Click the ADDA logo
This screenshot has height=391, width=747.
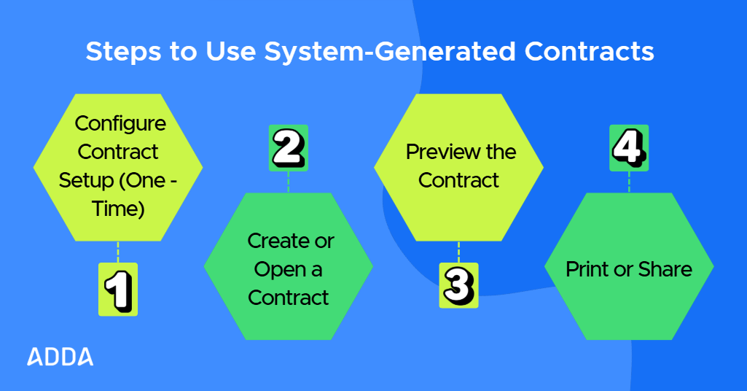tap(60, 357)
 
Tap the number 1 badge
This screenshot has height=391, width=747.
tap(117, 289)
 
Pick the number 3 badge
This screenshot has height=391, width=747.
tap(458, 285)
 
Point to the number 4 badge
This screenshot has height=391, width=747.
tap(629, 147)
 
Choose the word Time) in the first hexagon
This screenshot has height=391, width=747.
tap(118, 209)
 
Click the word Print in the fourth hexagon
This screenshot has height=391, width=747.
tap(587, 269)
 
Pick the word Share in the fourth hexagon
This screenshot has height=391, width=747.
tap(665, 269)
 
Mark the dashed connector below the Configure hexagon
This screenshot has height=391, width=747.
tap(117, 252)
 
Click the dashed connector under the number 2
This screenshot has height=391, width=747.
tap(289, 182)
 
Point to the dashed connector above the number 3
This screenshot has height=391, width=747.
tap(458, 252)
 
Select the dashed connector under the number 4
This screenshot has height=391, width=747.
tap(629, 182)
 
